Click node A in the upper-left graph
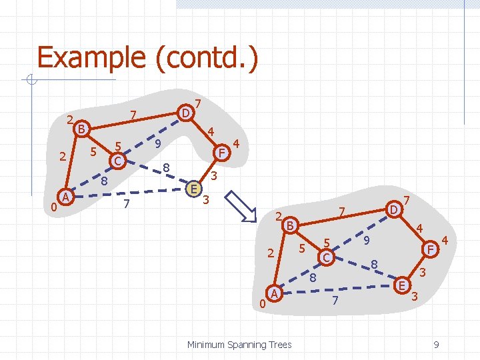coord(65,197)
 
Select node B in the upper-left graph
coord(81,129)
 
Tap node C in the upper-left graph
coord(117,161)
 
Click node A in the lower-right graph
coord(273,293)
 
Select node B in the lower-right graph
coord(289,225)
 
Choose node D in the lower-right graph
coord(394,210)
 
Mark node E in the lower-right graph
coord(402,285)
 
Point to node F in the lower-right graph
coord(431,249)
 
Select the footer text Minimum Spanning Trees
coord(239,344)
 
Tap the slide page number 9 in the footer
coord(435,344)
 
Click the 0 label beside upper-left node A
coord(53,207)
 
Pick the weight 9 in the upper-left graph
coord(157,143)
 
